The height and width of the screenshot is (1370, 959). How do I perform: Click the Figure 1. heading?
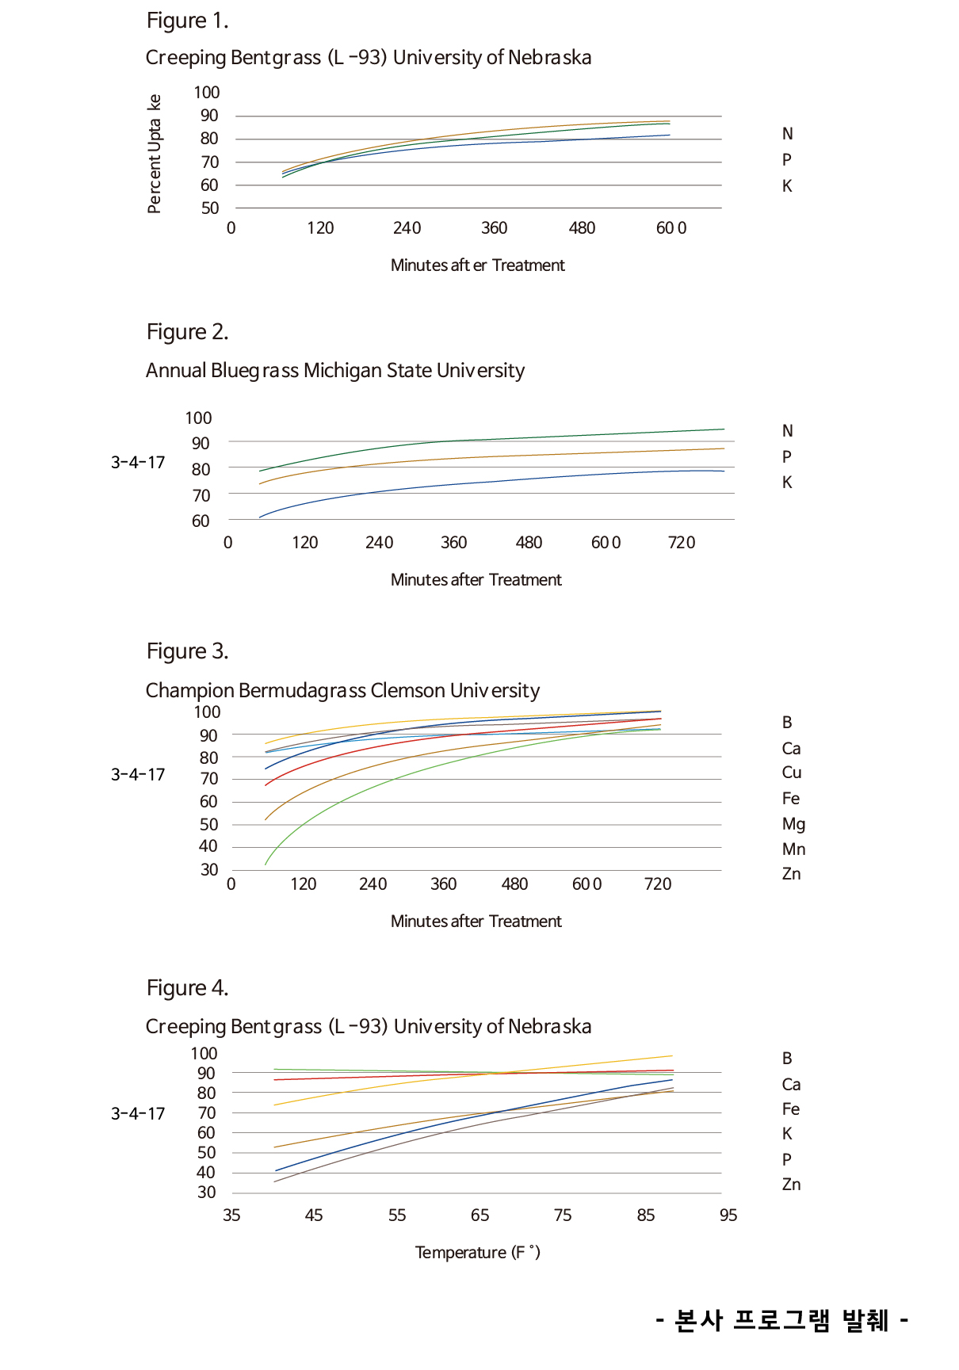pyautogui.click(x=187, y=21)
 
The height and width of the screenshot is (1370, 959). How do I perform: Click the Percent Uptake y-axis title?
pyautogui.click(x=155, y=154)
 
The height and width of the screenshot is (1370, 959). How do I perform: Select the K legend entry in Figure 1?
pyautogui.click(x=787, y=186)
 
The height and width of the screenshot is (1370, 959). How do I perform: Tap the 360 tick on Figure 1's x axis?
pyautogui.click(x=494, y=228)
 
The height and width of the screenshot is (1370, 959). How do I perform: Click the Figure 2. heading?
pyautogui.click(x=187, y=332)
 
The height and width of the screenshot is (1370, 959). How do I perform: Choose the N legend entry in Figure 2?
pyautogui.click(x=787, y=431)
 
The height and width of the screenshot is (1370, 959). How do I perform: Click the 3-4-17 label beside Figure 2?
pyautogui.click(x=138, y=463)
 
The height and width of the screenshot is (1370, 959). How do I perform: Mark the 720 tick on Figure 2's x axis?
pyautogui.click(x=682, y=543)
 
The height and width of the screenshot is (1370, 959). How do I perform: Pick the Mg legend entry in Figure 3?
pyautogui.click(x=793, y=824)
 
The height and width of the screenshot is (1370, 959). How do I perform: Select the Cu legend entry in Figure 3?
pyautogui.click(x=792, y=773)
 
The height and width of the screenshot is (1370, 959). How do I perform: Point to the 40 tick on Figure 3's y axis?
pyautogui.click(x=208, y=846)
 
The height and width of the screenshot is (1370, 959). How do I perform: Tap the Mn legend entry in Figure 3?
pyautogui.click(x=793, y=849)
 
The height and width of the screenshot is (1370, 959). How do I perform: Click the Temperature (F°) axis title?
pyautogui.click(x=477, y=1253)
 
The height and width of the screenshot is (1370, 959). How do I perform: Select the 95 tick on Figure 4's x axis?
pyautogui.click(x=728, y=1215)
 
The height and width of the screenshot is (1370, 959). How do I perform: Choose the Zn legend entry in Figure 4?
pyautogui.click(x=791, y=1185)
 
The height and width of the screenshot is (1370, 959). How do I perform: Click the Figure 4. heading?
pyautogui.click(x=187, y=988)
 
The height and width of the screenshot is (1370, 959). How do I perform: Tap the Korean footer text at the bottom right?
pyautogui.click(x=781, y=1320)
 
